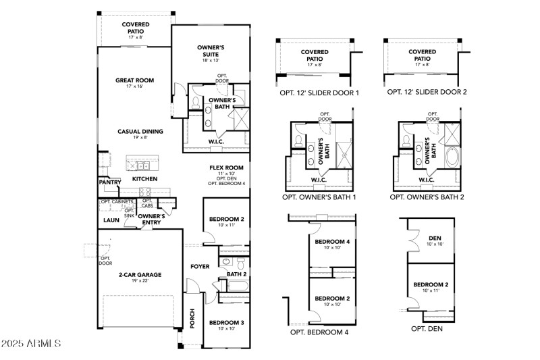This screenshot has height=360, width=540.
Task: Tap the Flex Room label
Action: (225, 168)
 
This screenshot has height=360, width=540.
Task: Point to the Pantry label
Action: (109, 182)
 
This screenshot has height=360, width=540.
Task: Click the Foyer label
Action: (200, 266)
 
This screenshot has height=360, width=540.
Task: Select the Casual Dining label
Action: (140, 132)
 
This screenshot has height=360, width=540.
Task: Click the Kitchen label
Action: (144, 179)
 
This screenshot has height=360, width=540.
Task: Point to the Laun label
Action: (111, 220)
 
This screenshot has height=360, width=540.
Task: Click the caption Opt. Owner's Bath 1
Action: (319, 198)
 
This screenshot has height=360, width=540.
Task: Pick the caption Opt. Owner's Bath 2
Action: (427, 198)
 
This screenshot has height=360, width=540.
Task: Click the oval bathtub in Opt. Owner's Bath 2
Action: (450, 156)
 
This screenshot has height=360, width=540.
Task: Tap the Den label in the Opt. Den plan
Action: (434, 237)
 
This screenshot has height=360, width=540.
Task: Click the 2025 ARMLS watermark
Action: (32, 344)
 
